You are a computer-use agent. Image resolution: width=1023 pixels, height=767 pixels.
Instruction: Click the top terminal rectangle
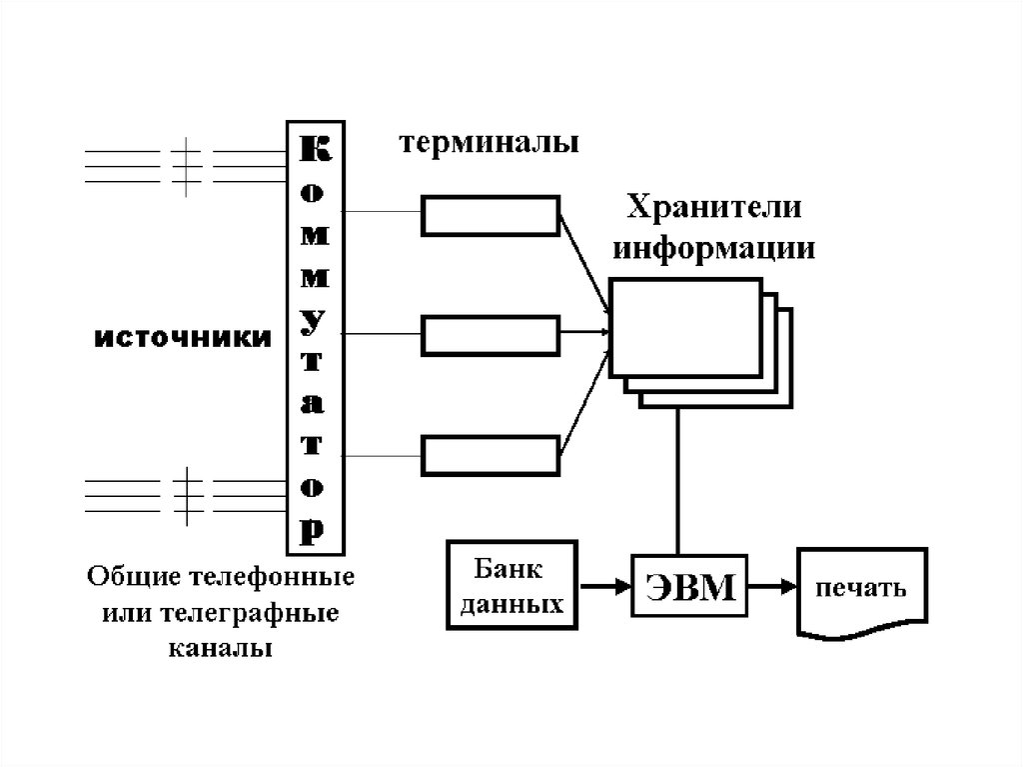(x=490, y=215)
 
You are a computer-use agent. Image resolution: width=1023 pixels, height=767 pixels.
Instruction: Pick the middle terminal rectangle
(x=490, y=335)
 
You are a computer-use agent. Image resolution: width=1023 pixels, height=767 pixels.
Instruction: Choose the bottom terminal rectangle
(x=490, y=455)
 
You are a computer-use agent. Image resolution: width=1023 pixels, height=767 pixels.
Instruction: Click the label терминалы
(x=490, y=144)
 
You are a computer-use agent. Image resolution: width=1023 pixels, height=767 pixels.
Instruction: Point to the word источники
(x=183, y=338)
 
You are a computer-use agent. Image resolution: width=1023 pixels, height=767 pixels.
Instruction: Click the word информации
(x=714, y=247)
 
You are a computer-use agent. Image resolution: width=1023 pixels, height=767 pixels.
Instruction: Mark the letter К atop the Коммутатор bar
(x=313, y=149)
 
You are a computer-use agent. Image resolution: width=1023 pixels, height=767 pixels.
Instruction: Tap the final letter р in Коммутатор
(x=313, y=527)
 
